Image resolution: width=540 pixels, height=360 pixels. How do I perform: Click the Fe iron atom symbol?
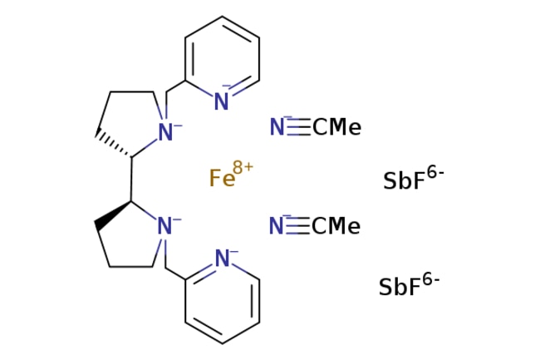[222, 178]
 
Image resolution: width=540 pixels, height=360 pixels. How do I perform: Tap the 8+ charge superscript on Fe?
[243, 167]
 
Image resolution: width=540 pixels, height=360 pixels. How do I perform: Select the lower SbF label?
[400, 287]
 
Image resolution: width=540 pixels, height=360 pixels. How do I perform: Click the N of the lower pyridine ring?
[222, 258]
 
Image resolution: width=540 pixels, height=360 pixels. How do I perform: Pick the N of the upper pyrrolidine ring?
[165, 131]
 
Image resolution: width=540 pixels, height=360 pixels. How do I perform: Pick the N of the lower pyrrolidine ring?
[164, 226]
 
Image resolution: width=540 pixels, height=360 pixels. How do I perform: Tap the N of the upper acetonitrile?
[277, 126]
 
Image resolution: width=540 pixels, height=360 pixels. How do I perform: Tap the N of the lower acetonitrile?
[276, 225]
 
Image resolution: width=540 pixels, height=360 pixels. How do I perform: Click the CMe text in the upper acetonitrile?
[337, 127]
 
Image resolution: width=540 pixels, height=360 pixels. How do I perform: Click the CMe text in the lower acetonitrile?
[336, 226]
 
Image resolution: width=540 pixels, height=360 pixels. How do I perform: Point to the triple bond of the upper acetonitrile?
[298, 126]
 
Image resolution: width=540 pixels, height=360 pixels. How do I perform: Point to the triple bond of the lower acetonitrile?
[298, 226]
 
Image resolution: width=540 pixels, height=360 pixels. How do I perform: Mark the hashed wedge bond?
[114, 145]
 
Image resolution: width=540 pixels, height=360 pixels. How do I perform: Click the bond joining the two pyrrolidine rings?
[131, 179]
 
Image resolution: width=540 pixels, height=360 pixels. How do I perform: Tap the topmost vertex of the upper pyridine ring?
[222, 16]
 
